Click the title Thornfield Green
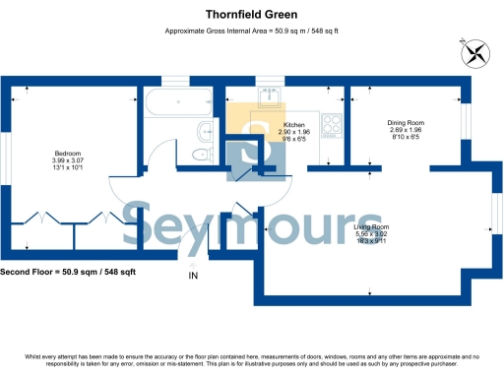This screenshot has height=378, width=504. [252, 15]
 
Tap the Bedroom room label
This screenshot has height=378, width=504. [68, 153]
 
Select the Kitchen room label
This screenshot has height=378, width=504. [294, 125]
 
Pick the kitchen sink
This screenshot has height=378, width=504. [270, 96]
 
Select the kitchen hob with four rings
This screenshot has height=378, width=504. [331, 126]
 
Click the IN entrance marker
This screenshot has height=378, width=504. [193, 275]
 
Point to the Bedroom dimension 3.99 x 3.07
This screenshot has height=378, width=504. [68, 160]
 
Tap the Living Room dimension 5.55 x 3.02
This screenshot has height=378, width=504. [371, 234]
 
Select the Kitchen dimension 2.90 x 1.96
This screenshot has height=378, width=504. [294, 132]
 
